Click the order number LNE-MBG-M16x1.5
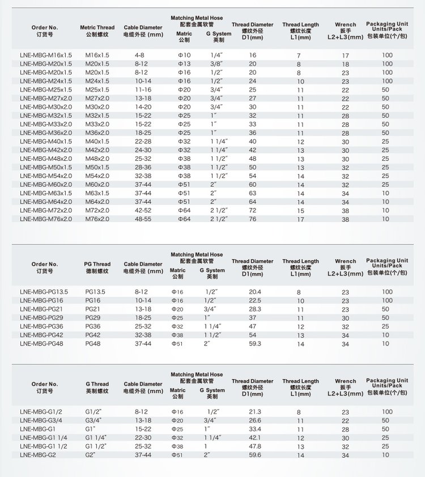tap(46, 55)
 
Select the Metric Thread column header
tap(97, 31)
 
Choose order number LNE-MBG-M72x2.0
tap(46, 210)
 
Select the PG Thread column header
tap(97, 267)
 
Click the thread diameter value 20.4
tap(255, 292)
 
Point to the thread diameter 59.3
tap(255, 343)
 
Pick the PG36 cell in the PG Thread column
tap(93, 326)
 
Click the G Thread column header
tap(97, 387)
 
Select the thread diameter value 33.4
tap(255, 429)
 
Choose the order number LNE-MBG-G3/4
tap(39, 420)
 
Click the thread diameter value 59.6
tap(255, 454)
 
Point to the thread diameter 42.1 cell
tap(255, 437)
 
